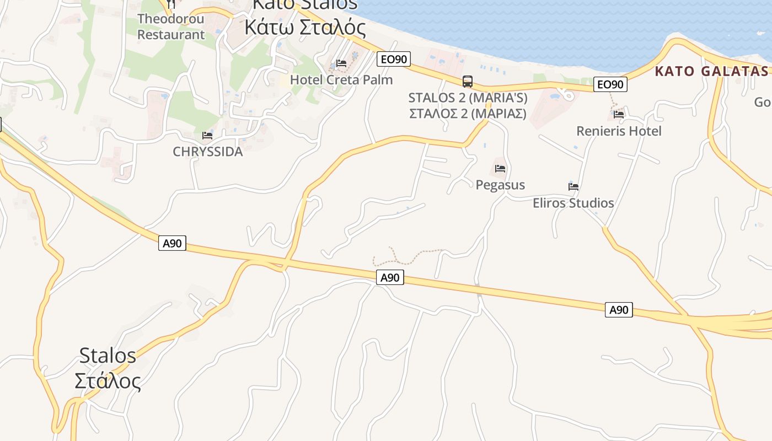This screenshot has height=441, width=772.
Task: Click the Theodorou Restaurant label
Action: point(171,26)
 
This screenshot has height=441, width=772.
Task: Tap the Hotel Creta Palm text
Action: point(341,80)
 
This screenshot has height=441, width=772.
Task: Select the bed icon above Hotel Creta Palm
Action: point(341,63)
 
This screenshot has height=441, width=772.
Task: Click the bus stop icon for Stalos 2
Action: point(468,82)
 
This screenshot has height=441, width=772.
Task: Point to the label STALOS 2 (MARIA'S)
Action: point(468,98)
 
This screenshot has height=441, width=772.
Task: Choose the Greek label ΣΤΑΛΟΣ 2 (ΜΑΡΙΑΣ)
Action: point(468,114)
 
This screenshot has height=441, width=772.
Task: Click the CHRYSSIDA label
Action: point(208,152)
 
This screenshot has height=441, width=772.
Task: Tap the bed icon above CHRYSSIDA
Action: point(207,135)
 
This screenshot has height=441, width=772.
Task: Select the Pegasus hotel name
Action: point(500,185)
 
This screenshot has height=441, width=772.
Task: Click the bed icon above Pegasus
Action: point(500,168)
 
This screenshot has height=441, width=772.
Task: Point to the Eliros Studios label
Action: point(573,203)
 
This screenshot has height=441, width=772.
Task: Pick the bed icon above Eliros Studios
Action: point(573,186)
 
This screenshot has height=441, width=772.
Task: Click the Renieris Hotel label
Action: point(619,131)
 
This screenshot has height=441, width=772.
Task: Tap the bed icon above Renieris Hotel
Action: point(619,115)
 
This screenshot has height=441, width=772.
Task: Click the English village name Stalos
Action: point(108,356)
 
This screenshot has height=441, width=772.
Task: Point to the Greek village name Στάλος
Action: point(108,380)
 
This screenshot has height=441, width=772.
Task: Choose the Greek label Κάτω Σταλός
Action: point(305,26)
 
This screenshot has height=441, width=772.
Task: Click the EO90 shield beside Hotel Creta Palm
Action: point(394,59)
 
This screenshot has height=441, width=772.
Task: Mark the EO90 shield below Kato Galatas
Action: point(610,84)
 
